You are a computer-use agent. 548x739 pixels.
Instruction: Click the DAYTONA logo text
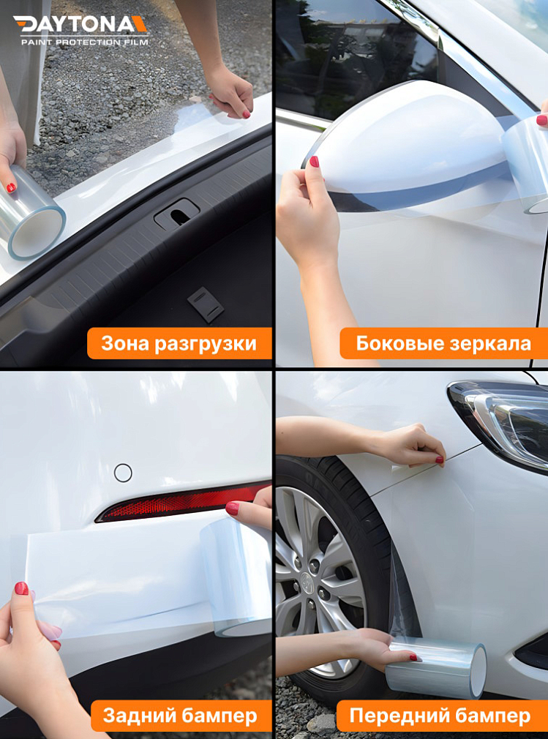point(80,25)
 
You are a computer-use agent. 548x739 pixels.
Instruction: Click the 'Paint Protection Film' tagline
point(84,42)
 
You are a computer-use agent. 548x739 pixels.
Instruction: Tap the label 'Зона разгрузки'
point(179,343)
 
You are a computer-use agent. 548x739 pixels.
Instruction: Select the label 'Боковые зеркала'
point(443,343)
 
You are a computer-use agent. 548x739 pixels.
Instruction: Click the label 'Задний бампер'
point(180,715)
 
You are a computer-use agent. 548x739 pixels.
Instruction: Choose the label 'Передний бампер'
point(440,715)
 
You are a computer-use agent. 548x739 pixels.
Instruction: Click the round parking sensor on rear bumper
point(123,473)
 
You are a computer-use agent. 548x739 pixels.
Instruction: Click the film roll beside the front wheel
point(437,668)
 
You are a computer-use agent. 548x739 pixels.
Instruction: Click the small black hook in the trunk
point(206,304)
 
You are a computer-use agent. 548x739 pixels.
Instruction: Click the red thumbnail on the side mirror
point(314,162)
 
